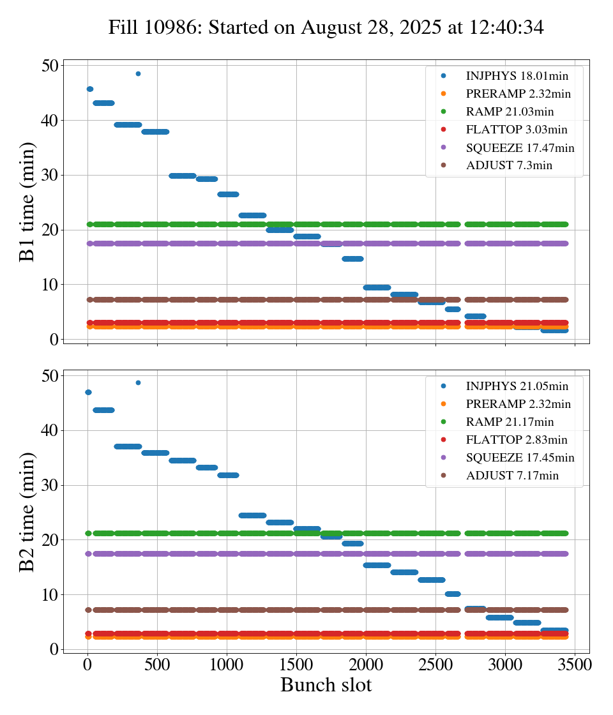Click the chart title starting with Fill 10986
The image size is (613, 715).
pos(326,27)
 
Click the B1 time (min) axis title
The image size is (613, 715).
pos(27,202)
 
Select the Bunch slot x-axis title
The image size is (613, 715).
pos(326,685)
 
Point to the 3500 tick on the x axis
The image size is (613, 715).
pos(575,664)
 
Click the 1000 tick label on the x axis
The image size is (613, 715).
pos(227,664)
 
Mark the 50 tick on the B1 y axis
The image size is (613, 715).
pos(51,66)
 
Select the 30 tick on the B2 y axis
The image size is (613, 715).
pos(51,485)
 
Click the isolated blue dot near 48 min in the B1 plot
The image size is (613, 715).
pos(138,73)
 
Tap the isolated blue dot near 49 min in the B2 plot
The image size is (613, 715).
pos(138,382)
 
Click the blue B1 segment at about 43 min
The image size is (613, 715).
pos(103,103)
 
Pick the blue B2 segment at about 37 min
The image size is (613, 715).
pos(128,446)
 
